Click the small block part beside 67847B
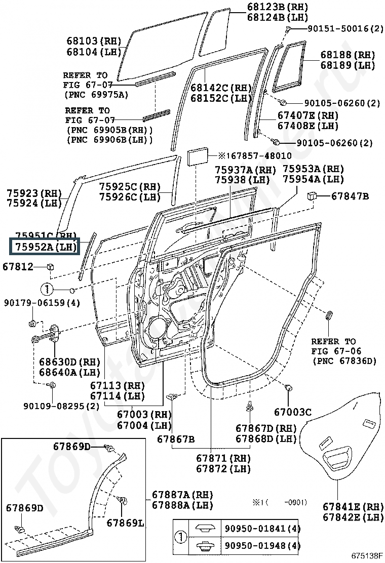[x=313, y=195]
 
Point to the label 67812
[x=18, y=266]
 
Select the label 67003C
[x=292, y=413]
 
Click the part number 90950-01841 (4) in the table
[x=262, y=529]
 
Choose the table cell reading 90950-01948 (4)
[x=262, y=546]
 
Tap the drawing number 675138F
[x=366, y=557]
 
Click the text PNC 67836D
[x=344, y=360]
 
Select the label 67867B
[x=175, y=438]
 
